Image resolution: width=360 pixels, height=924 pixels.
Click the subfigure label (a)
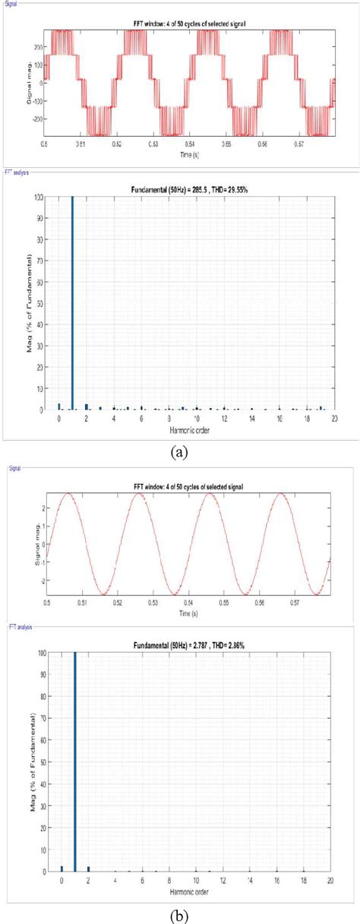pos(179,452)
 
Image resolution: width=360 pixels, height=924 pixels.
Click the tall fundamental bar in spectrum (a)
pos(72,304)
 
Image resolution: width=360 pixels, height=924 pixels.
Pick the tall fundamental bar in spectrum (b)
pos(74,760)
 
